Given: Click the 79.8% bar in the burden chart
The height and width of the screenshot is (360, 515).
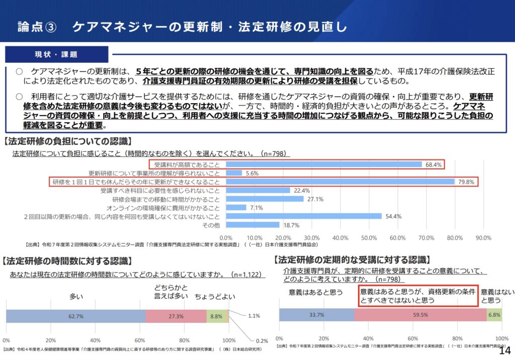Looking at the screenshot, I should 340,182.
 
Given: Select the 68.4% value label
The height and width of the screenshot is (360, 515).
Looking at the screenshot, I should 433,164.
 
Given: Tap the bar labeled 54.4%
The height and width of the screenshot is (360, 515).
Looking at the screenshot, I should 304,216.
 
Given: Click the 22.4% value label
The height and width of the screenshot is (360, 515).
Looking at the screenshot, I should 301,191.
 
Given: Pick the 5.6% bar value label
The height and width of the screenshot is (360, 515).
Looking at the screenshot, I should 252,173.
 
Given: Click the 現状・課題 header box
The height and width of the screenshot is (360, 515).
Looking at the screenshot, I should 56,54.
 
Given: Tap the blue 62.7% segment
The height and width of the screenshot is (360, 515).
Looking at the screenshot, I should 75,316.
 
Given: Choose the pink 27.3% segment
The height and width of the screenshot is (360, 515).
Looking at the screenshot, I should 176,316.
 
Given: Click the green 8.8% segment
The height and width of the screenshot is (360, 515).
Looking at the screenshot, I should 216,316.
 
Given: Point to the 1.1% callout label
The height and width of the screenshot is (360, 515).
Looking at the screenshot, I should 254,316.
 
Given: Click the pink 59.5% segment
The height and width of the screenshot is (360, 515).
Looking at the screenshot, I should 420,315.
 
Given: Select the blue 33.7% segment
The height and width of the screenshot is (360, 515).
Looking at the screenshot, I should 316,315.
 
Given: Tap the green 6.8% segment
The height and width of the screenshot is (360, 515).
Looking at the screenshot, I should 494,315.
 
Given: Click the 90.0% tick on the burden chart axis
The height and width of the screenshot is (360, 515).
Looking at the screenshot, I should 483,237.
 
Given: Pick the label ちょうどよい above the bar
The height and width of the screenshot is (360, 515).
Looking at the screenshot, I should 215,297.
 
